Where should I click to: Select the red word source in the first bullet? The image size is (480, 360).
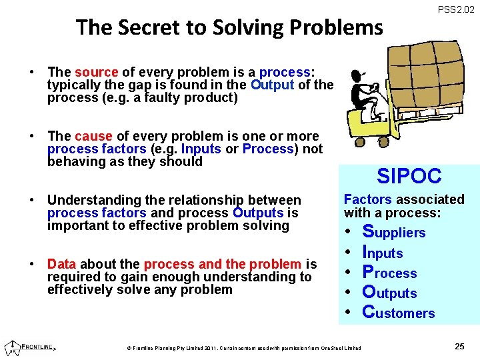click(96, 71)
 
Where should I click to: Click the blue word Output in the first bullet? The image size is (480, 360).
click(273, 85)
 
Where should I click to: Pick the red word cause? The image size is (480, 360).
click(93, 135)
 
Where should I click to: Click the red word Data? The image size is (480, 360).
click(61, 263)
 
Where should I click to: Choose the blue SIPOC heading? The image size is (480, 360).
click(409, 176)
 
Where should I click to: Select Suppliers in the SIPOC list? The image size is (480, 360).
click(393, 232)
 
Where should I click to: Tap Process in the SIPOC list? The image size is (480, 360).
click(389, 273)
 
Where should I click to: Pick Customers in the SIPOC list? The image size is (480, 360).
click(398, 313)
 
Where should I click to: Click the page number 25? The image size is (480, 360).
click(459, 346)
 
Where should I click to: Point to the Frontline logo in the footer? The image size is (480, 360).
click(30, 347)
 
